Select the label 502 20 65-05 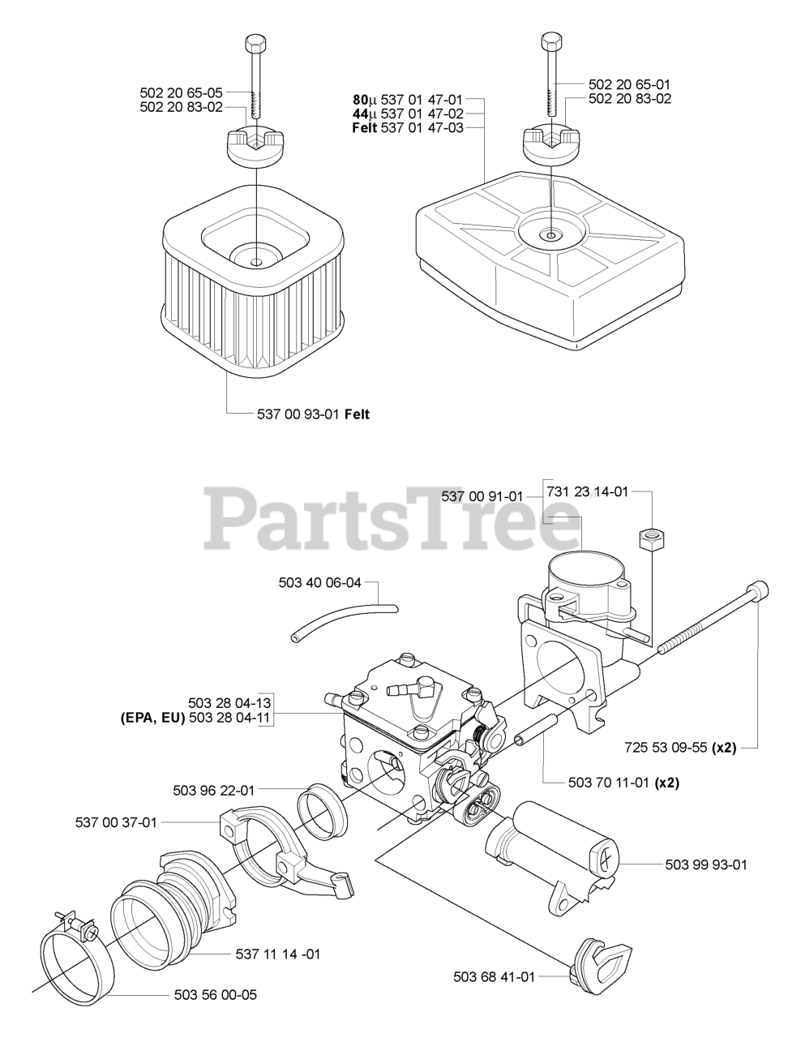pyautogui.click(x=181, y=92)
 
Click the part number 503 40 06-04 pyautogui.click(x=319, y=582)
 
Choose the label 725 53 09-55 pyautogui.click(x=666, y=748)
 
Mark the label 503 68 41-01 pyautogui.click(x=494, y=977)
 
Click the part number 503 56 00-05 pyautogui.click(x=216, y=994)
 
